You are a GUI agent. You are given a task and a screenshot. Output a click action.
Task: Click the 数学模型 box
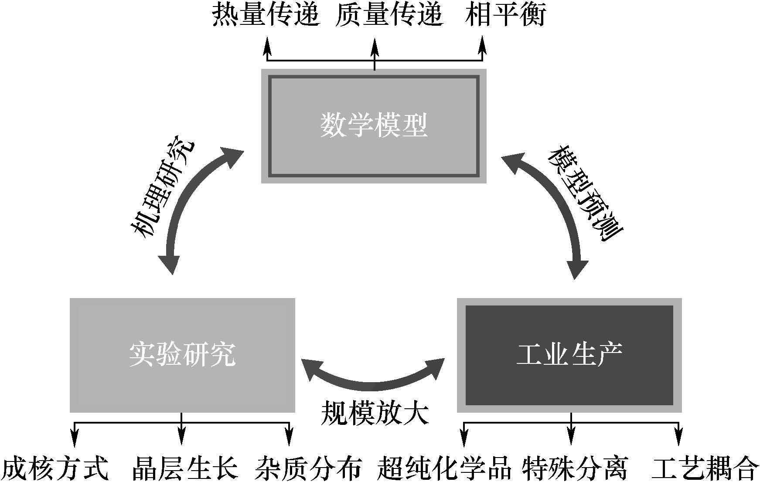[374, 126]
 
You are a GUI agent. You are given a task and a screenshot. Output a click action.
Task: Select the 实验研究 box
[182, 355]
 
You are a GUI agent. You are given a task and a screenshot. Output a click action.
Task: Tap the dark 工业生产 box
[569, 355]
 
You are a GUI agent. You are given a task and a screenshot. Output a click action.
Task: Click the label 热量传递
[266, 15]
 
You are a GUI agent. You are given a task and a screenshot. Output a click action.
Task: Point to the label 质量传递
[389, 15]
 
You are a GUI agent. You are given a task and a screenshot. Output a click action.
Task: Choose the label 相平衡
[505, 15]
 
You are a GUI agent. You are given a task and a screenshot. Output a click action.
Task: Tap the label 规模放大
[375, 413]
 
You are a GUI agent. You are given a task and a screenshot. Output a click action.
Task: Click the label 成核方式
[54, 468]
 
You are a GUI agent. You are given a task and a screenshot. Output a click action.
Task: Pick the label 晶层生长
[185, 468]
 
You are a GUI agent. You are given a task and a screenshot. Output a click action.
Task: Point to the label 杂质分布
[308, 468]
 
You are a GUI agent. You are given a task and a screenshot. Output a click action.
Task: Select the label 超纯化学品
[443, 468]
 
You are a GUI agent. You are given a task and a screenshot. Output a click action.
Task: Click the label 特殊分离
[575, 468]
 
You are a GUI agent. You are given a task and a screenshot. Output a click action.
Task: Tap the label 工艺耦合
[705, 468]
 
